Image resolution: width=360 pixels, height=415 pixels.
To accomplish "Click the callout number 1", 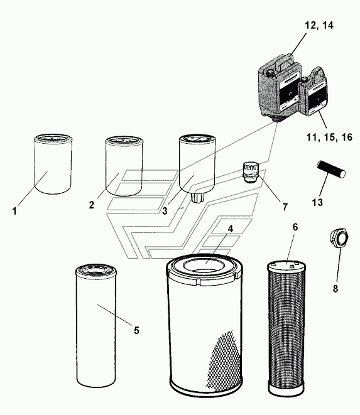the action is pos(14,212).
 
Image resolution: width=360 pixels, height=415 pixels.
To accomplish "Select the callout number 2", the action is pos(92,205).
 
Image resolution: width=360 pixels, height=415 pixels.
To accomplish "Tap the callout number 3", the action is pos(165,211).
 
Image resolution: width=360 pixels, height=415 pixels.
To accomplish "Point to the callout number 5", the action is pos(136,330).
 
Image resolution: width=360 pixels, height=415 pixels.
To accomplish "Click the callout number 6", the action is pos(295,227).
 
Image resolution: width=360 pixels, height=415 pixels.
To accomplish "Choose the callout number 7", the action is pos(285,207).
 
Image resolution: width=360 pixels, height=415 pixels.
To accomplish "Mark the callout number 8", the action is pos(335,289).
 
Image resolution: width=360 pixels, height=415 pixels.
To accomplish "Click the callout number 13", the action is pos(317,202).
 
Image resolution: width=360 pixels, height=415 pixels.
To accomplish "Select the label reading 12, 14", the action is pos(319,25).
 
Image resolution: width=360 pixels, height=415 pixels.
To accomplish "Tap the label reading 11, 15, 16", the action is pos(330,137).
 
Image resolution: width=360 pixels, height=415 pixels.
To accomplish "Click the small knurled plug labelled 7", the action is pos(250,173).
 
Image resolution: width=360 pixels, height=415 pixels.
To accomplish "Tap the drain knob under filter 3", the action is pos(197,198).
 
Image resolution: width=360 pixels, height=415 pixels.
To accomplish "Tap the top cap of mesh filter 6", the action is pos(287,265).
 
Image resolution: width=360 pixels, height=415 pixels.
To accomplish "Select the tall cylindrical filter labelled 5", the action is pos(96,326).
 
